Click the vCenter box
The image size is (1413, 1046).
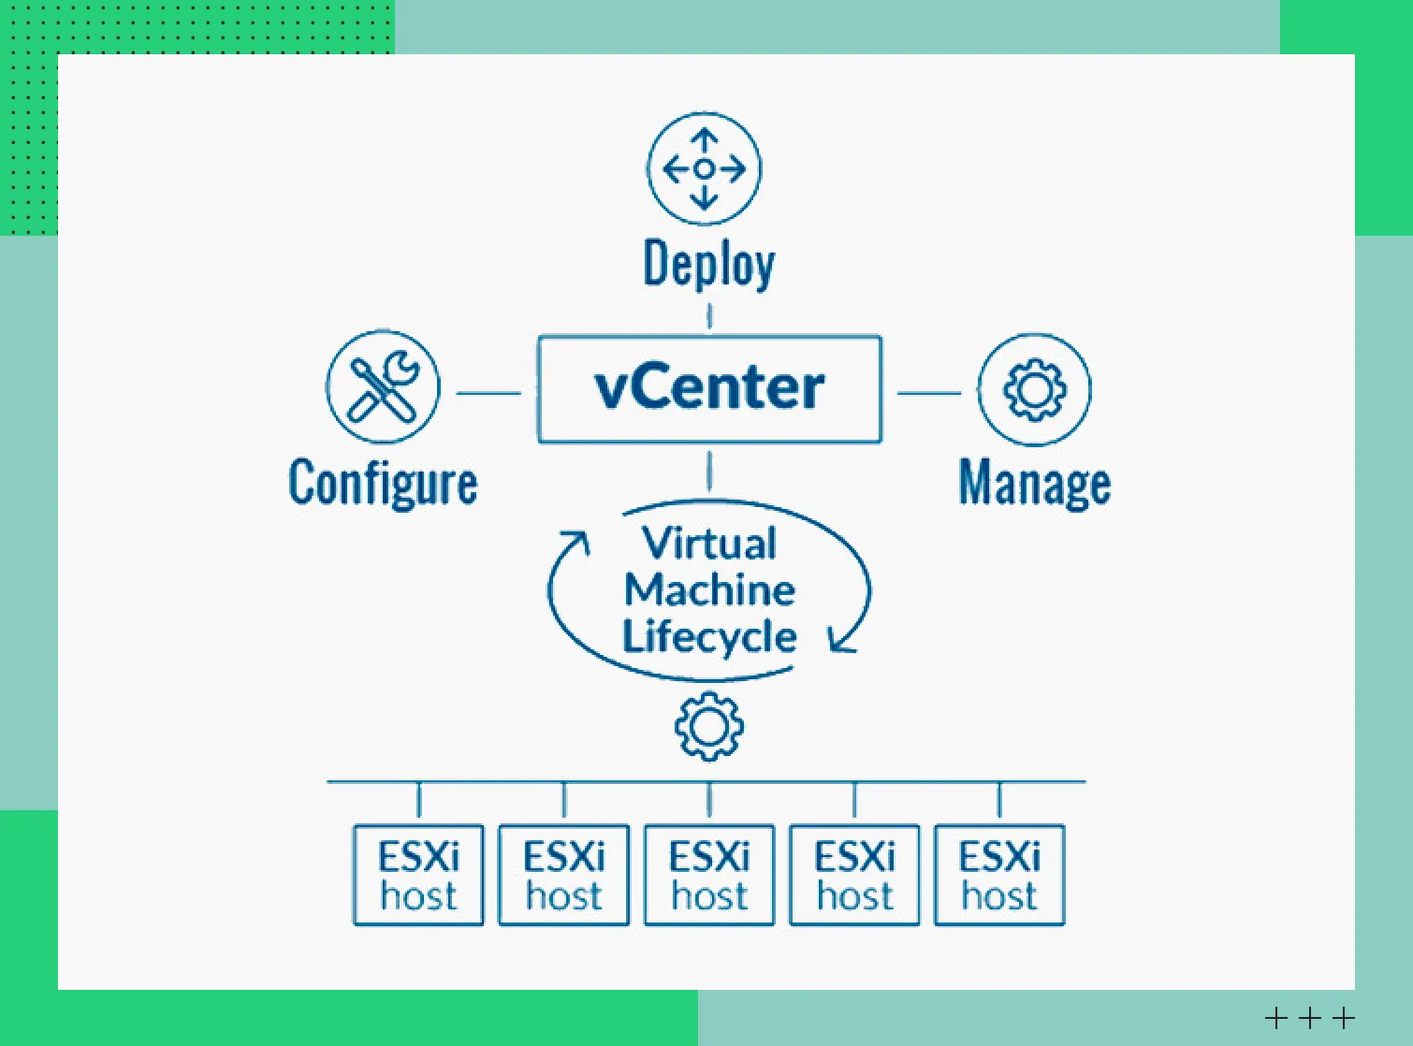tap(709, 388)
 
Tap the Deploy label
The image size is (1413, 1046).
tap(708, 265)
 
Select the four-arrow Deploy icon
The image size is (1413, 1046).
tap(704, 169)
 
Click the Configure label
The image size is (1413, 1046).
tap(383, 484)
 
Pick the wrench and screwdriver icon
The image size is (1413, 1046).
tap(383, 386)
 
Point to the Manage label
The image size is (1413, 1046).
tap(1034, 484)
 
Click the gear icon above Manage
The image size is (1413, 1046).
tap(1034, 388)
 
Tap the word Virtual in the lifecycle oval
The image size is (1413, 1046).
tap(709, 543)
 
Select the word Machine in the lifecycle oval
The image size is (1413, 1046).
tap(709, 589)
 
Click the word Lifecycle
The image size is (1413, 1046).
tap(709, 636)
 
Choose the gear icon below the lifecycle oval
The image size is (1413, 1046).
tap(709, 726)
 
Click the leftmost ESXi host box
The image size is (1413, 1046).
tap(418, 875)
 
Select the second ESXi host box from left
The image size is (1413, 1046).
tap(563, 875)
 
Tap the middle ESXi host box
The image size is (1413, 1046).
tap(709, 875)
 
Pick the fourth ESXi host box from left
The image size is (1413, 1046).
tap(854, 875)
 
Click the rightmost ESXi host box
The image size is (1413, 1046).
tap(999, 875)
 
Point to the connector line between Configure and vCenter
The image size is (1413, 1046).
tap(488, 393)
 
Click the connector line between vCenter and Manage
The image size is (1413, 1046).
tap(928, 393)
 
